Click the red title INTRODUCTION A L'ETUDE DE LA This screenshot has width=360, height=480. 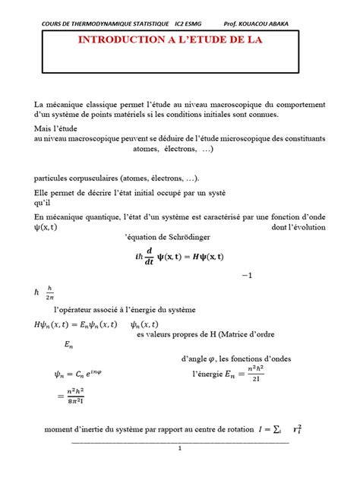click(180, 40)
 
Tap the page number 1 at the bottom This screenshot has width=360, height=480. click(180, 448)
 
